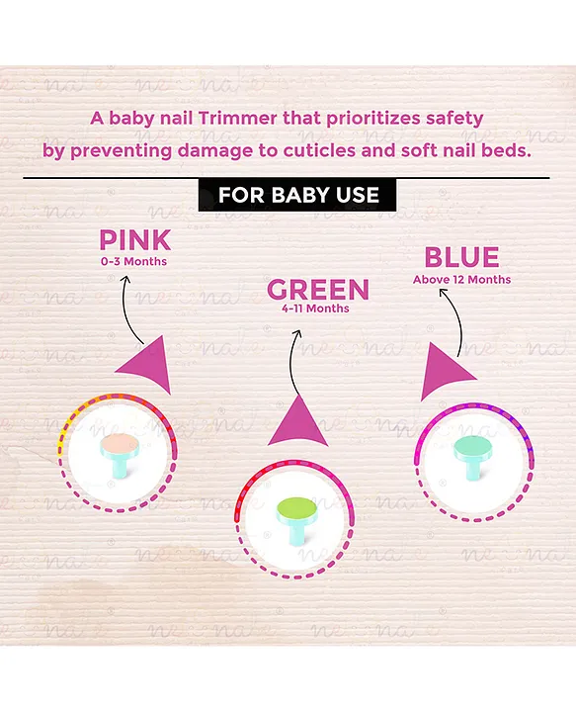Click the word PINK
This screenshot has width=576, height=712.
point(135,240)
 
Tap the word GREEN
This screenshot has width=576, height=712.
point(318,289)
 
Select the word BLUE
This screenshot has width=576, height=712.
point(461,257)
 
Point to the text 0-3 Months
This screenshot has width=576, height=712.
point(133,261)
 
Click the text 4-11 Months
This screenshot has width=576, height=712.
point(315,309)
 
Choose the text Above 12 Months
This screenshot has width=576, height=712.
point(461,279)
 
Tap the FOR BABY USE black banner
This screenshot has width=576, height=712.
point(297,195)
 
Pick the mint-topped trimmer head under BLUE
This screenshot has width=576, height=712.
point(472,456)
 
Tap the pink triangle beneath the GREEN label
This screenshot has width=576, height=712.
point(298,421)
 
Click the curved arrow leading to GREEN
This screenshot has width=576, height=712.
point(291,361)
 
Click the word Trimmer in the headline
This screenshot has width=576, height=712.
point(238,119)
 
